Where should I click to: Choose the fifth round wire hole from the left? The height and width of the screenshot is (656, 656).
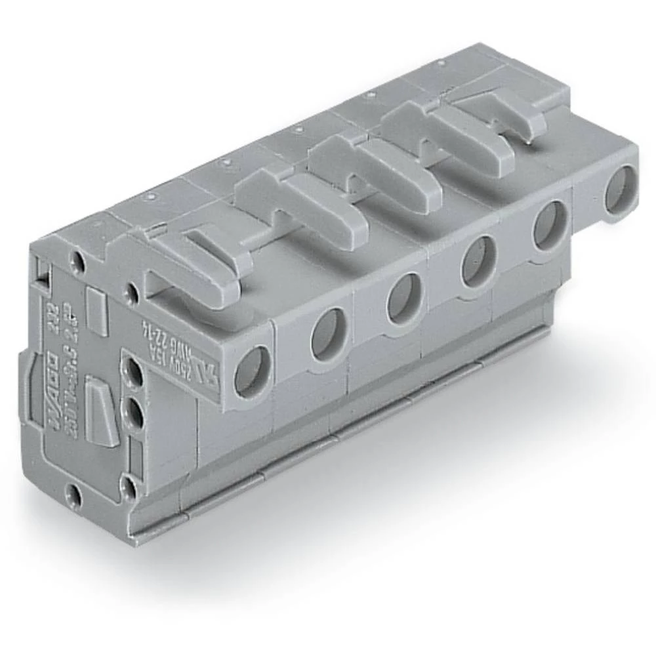tap(550, 224)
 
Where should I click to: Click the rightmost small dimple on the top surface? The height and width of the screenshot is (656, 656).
tap(440, 63)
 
